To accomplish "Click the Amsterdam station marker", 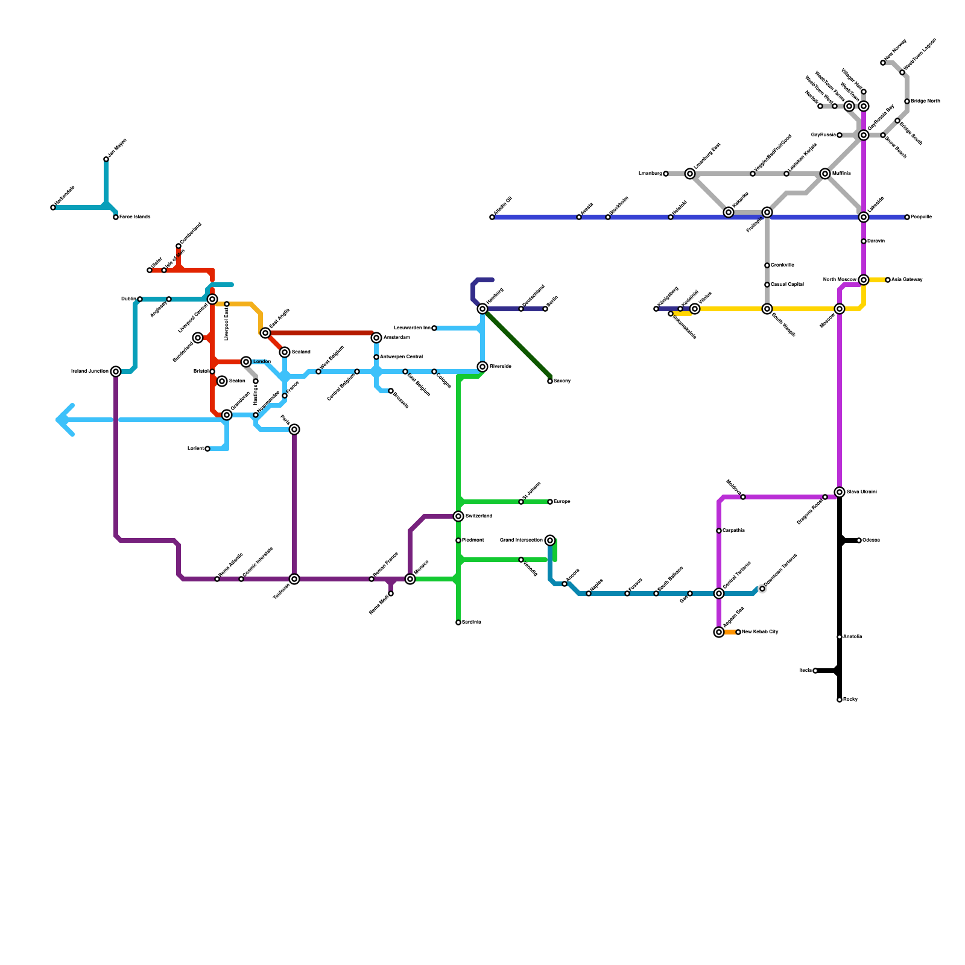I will coord(376,338).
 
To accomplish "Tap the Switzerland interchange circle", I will coord(458,516).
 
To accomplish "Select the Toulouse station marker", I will coord(294,579).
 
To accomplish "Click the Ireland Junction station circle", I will coord(116,372).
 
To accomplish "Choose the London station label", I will coord(262,362).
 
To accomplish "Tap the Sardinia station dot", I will coord(458,622).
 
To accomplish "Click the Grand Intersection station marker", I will coord(550,540).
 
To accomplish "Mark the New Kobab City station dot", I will coord(738,632).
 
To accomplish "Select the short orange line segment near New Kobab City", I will coord(729,632).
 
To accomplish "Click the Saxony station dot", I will coord(550,381).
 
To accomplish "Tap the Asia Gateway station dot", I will coord(888,280).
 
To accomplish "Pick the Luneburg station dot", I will coord(666,174).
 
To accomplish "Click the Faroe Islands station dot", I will coord(116,217).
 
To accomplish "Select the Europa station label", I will coord(562,502).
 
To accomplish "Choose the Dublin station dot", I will coord(140,299).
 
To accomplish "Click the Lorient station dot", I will coord(207,449).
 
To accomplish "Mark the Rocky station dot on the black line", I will coord(840,700).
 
